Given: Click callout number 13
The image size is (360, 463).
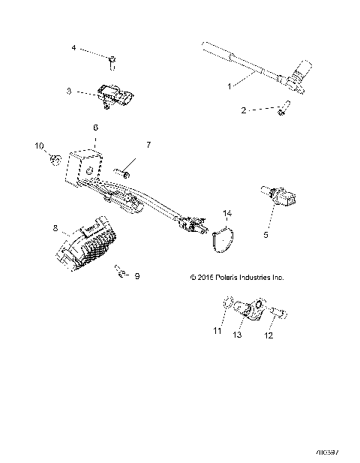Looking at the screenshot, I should click(x=237, y=335).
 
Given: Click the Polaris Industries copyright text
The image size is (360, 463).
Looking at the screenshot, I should click(x=236, y=277).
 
